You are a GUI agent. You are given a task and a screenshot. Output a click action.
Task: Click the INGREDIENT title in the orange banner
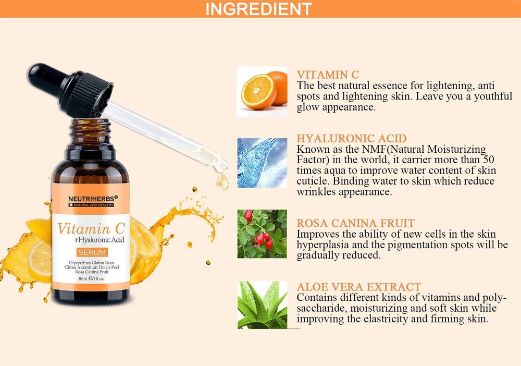258,9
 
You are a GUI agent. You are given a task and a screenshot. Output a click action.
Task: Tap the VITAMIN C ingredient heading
328,75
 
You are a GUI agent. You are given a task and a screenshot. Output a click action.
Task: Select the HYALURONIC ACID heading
352,138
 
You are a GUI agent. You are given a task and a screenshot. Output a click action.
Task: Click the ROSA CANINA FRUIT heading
356,223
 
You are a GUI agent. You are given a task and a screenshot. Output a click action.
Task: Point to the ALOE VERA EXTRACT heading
358,287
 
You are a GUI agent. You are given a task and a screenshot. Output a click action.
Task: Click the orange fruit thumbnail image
262,91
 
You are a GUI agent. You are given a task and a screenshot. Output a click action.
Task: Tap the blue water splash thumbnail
262,163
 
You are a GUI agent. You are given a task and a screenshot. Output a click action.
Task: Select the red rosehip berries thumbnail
262,234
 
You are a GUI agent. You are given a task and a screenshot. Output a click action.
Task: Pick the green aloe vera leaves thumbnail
262,305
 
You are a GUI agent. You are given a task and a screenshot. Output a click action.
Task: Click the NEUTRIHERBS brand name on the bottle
90,198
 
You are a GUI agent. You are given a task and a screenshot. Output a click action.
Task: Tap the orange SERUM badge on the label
91,252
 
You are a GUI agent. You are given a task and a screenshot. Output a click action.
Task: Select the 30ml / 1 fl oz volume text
90,279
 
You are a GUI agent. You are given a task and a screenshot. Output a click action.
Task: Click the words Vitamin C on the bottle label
91,228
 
